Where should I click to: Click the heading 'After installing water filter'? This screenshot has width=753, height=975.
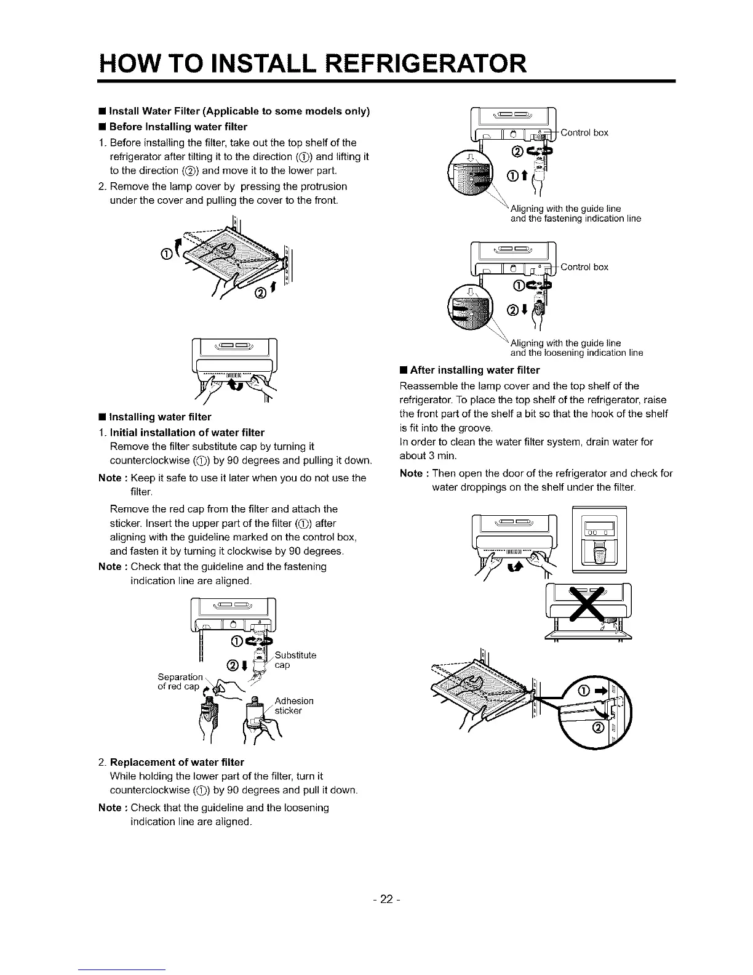(x=474, y=370)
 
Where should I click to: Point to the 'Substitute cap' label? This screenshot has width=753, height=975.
(x=295, y=660)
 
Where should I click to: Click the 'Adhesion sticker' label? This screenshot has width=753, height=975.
(x=293, y=705)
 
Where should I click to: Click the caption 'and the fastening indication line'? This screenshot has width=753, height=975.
(x=576, y=219)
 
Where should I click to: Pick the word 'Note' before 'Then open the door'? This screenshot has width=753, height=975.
(x=411, y=473)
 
